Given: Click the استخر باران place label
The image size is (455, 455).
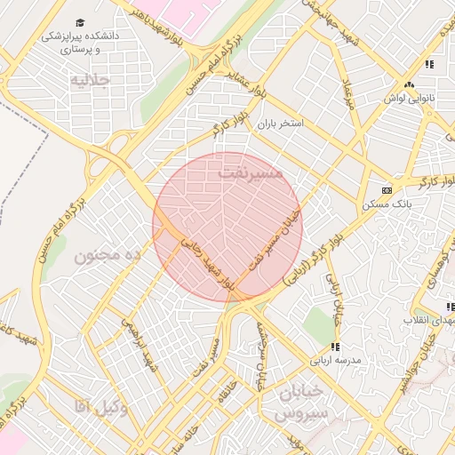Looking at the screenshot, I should click(281, 125).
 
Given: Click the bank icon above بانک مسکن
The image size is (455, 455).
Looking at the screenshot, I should click(386, 190).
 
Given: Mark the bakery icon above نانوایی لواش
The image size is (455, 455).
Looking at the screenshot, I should click(411, 84).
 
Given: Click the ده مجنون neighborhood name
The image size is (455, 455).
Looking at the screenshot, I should click(108, 256).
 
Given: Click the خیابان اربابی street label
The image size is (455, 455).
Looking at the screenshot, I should click(337, 298).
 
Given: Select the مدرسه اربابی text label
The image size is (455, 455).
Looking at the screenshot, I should click(335, 361).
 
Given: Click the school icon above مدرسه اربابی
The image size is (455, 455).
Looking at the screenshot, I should click(335, 346).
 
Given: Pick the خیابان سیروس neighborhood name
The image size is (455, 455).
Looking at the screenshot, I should click(302, 403).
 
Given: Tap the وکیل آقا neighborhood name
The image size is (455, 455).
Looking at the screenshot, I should click(101, 407).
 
